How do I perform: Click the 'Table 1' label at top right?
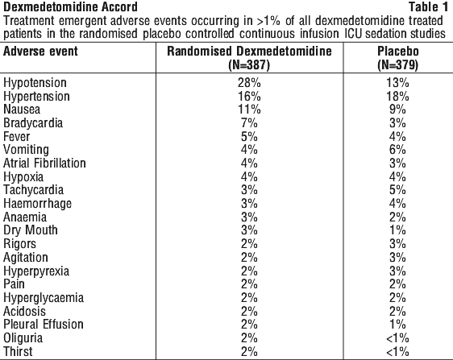(429, 7)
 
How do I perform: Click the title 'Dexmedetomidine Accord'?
(70, 7)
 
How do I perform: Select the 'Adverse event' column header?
(40, 52)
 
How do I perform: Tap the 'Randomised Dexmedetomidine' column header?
(249, 51)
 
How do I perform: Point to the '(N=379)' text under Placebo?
(398, 65)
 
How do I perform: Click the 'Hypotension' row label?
(35, 83)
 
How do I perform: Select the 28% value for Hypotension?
(249, 83)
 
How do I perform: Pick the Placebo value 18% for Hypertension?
(398, 96)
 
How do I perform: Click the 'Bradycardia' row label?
(33, 123)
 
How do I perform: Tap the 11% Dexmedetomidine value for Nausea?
(249, 110)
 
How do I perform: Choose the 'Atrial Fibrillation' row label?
(44, 163)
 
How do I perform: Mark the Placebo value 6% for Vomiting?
(397, 150)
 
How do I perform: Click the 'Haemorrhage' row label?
(37, 204)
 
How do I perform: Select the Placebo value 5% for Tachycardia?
(397, 190)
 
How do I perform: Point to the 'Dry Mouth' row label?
(31, 230)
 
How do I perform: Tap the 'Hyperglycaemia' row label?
(44, 298)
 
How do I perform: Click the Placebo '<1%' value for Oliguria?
(397, 338)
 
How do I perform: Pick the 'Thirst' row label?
(18, 351)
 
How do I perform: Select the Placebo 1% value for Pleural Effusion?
(397, 325)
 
